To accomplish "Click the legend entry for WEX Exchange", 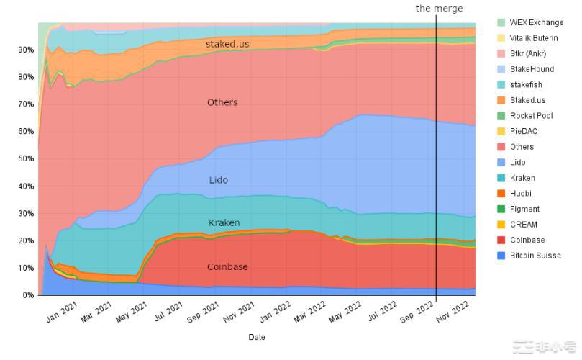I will tap(536, 22).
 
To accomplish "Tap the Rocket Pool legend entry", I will tap(531, 116).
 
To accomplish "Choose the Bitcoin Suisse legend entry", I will tap(535, 256).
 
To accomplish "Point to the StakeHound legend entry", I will tap(532, 69).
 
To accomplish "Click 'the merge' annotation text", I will tap(439, 9).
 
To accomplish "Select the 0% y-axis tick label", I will tap(27, 295).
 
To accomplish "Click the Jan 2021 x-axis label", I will tap(62, 311).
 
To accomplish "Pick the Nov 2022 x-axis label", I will tap(454, 311).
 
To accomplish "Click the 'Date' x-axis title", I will tap(256, 337).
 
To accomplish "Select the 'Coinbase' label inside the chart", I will tap(227, 267).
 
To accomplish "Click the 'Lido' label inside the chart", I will tap(219, 180).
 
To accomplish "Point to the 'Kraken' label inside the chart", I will tap(224, 223).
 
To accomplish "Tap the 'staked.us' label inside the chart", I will tap(227, 44).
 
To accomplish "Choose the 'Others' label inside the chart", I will tap(222, 102).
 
